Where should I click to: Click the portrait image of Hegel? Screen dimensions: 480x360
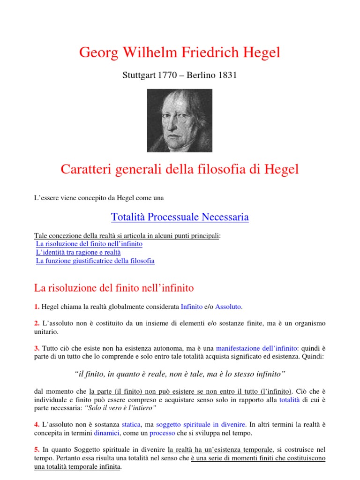pos(180,120)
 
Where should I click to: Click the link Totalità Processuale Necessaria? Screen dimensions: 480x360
pos(180,217)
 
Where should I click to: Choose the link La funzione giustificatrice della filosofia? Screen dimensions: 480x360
pos(95,261)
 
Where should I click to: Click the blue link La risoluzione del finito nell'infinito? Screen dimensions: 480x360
pos(89,244)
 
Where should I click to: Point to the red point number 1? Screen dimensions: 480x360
pos(37,307)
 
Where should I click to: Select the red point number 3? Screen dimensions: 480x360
pos(37,348)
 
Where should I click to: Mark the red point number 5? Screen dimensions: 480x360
pos(37,450)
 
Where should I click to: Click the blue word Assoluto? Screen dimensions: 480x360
pos(228,307)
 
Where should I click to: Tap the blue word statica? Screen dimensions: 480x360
pos(131,424)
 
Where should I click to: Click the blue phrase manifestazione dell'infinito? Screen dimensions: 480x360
pos(256,348)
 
